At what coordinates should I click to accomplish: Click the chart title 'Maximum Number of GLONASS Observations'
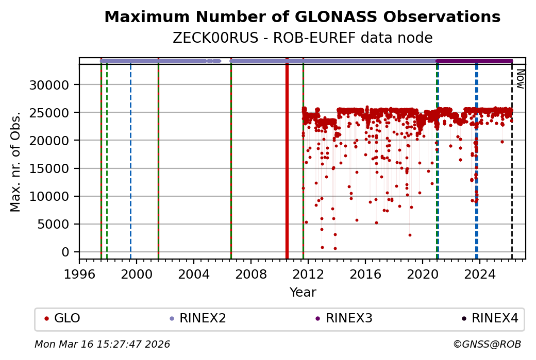[302, 17]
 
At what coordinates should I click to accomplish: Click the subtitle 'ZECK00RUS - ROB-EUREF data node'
[302, 38]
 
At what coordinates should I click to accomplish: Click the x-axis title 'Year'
[303, 293]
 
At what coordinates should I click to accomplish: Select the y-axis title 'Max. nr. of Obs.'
[15, 161]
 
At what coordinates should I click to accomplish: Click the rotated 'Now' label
[520, 80]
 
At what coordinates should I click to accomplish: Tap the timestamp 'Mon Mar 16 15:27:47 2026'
[102, 345]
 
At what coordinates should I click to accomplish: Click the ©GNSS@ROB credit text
[487, 345]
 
